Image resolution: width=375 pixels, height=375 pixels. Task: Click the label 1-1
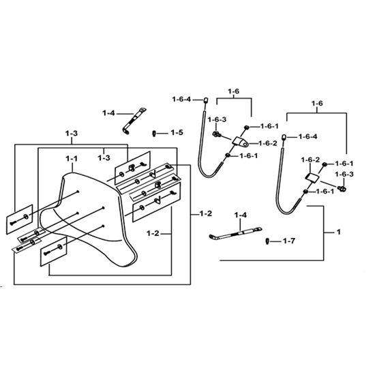tap(72, 159)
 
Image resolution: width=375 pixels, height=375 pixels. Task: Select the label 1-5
tap(177, 132)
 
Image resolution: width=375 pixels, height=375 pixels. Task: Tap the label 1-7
tap(289, 241)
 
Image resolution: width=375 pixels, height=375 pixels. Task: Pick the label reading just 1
tap(338, 232)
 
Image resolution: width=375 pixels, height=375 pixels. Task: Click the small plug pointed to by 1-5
tap(154, 133)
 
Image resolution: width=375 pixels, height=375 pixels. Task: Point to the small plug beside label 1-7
tap(268, 241)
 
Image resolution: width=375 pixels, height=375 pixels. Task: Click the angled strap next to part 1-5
tap(134, 121)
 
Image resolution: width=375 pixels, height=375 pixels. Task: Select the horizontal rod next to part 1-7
tap(236, 233)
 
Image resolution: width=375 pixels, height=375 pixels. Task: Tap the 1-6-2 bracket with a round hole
tap(241, 142)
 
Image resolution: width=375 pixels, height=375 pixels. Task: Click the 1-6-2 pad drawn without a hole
tap(312, 178)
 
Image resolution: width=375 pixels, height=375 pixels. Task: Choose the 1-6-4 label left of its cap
tap(181, 99)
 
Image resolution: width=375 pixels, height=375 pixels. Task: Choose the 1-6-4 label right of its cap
tap(307, 136)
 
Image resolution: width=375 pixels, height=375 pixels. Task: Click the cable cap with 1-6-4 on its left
tap(205, 100)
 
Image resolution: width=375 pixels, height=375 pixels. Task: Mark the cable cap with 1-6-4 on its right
tap(284, 137)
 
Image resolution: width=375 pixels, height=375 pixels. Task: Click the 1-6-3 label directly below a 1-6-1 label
tap(344, 174)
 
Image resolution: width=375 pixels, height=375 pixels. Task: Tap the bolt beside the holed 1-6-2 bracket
tap(217, 134)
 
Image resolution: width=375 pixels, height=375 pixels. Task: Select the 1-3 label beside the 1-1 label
tap(104, 158)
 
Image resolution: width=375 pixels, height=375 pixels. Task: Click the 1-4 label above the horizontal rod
tap(241, 215)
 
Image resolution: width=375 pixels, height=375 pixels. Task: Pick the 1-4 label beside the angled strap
tap(108, 113)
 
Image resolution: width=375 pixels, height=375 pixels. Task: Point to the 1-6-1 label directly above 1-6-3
tap(344, 164)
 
